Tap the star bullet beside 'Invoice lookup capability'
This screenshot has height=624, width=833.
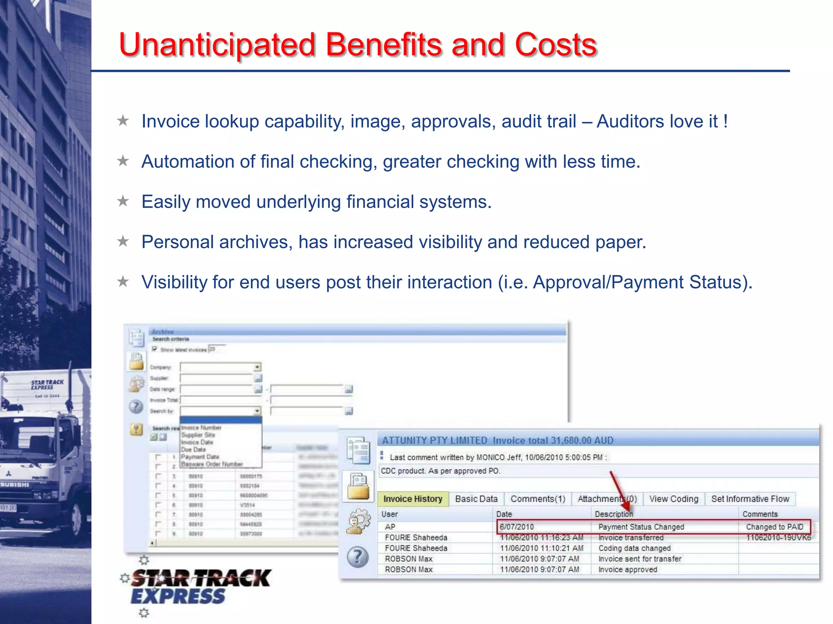pos(123,121)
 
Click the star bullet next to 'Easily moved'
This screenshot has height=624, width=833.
pos(123,201)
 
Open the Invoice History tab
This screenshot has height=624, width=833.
pos(412,499)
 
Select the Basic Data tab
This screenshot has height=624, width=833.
pos(476,499)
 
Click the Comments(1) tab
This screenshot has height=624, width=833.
pos(538,499)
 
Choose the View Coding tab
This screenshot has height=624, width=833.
pos(674,499)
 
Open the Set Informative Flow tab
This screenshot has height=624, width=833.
pos(750,499)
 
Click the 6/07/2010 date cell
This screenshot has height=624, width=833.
pos(517,527)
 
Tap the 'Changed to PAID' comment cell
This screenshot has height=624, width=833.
pos(774,527)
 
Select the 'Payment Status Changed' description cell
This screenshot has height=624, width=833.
pos(641,527)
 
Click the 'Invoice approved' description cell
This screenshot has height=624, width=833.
pos(628,570)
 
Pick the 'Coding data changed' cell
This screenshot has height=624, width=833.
pos(635,548)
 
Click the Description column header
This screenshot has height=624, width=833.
pos(614,514)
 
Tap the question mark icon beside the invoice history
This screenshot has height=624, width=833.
pos(358,557)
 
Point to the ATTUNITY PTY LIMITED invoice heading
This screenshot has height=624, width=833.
pos(434,440)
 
